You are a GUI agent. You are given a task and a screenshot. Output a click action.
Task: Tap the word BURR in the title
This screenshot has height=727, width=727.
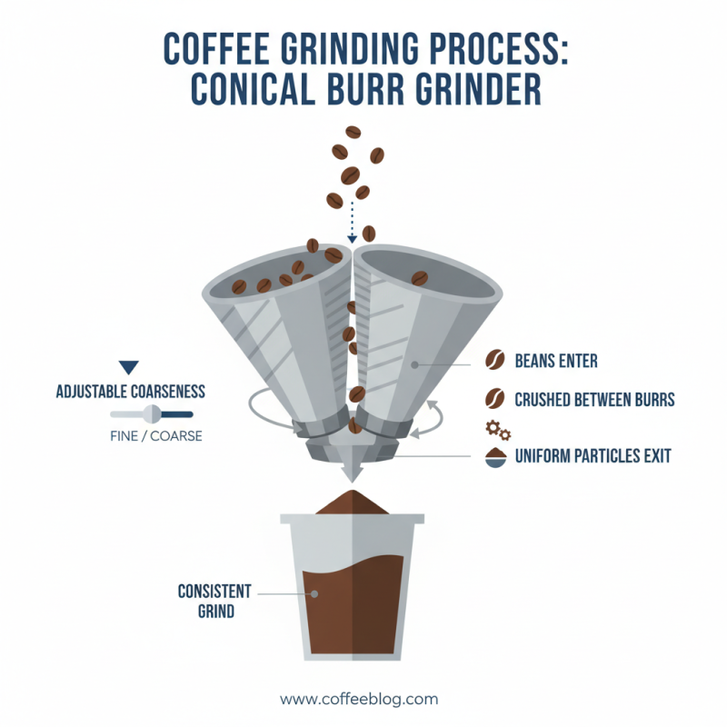pos(389,89)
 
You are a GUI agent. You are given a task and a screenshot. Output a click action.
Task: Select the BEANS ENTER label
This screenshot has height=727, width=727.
pos(556,362)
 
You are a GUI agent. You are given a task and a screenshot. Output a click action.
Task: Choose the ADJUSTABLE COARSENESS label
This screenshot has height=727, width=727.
pos(130,393)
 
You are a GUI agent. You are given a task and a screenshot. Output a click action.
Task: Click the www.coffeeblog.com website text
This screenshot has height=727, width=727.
pos(359,699)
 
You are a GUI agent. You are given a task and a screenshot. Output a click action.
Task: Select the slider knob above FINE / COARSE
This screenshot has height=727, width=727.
pos(153,414)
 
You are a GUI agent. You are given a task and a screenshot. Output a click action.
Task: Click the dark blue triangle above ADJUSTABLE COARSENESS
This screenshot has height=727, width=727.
pos(129,368)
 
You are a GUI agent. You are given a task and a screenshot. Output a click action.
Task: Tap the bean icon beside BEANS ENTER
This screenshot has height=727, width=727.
pos(496,362)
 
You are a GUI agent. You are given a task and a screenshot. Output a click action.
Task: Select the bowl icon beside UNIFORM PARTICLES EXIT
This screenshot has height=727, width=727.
pos(496,457)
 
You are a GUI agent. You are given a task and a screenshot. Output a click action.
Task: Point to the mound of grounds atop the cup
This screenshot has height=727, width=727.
pos(352,502)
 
